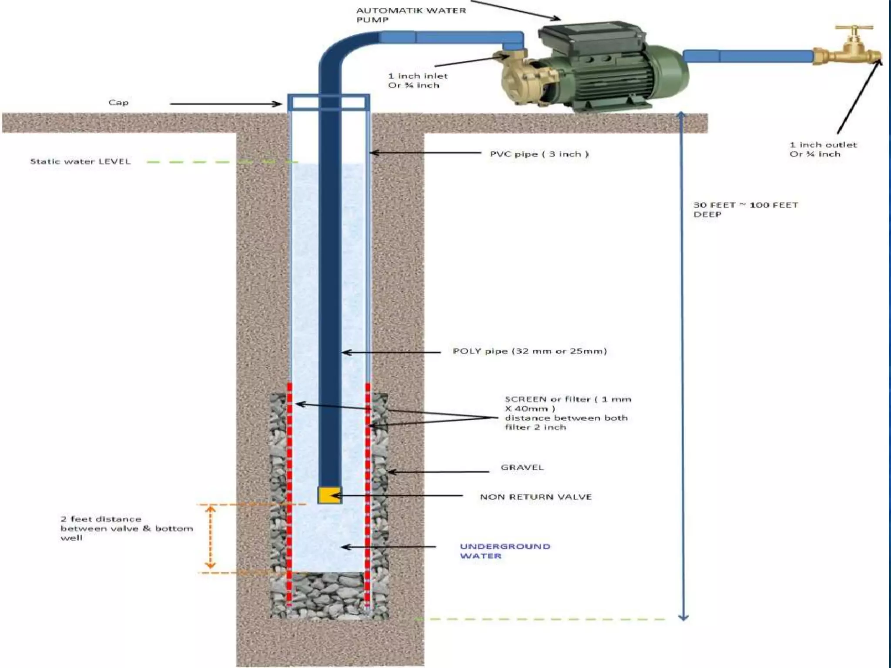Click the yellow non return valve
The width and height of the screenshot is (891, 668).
pyautogui.click(x=329, y=495)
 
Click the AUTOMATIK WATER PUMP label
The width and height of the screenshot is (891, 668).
pyautogui.click(x=411, y=15)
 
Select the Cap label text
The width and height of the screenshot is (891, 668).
pyautogui.click(x=118, y=103)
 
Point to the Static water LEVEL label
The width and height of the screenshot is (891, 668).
pyautogui.click(x=80, y=161)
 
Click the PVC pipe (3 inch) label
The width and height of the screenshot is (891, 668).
pyautogui.click(x=539, y=154)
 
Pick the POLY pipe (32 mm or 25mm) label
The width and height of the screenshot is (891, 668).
pyautogui.click(x=529, y=351)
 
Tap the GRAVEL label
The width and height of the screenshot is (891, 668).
pyautogui.click(x=522, y=468)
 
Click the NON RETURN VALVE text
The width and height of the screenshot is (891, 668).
pyautogui.click(x=536, y=497)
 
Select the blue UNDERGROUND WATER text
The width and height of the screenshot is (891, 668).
pyautogui.click(x=505, y=551)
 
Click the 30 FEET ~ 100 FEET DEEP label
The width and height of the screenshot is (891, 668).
pyautogui.click(x=745, y=209)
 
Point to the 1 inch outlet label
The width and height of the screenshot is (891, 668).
pyautogui.click(x=823, y=149)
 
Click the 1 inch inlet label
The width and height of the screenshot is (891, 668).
pyautogui.click(x=418, y=80)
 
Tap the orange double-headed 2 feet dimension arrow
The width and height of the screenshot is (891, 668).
pyautogui.click(x=211, y=538)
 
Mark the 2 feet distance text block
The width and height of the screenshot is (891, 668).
pyautogui.click(x=126, y=528)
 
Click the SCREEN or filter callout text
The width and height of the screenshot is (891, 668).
pyautogui.click(x=567, y=413)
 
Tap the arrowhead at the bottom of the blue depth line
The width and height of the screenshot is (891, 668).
pyautogui.click(x=683, y=616)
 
